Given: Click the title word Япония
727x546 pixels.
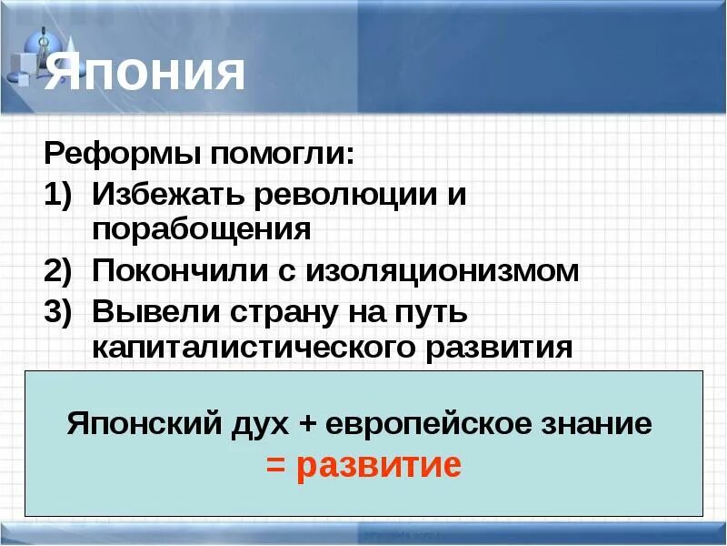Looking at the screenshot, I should [145, 73].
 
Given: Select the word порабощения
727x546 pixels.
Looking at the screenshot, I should [202, 229].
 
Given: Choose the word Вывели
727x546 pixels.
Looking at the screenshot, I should [144, 312].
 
